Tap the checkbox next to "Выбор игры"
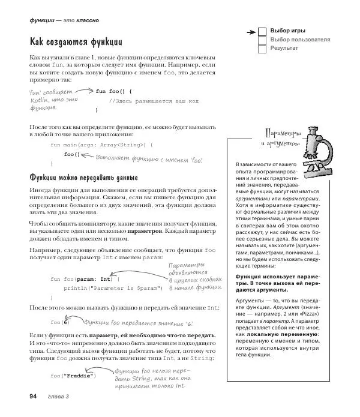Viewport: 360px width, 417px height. [x=262, y=31]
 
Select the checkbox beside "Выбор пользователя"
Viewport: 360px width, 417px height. [x=262, y=40]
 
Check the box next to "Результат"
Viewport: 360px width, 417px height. [x=262, y=48]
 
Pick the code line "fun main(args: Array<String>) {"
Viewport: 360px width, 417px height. [x=101, y=145]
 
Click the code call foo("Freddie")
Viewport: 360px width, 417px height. [x=73, y=376]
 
